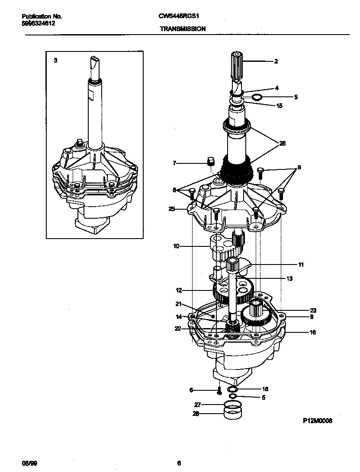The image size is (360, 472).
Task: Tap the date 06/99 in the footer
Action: click(x=28, y=463)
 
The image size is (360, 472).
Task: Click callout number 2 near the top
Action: click(x=276, y=61)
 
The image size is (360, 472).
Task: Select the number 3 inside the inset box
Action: click(x=55, y=61)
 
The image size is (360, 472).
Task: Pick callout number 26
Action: click(x=282, y=143)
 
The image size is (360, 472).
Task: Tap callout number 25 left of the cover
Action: click(x=172, y=209)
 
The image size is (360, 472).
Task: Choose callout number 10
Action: click(x=176, y=247)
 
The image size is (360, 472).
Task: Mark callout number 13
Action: click(x=289, y=279)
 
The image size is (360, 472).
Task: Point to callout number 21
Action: click(x=179, y=304)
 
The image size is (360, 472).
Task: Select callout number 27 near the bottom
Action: click(x=198, y=405)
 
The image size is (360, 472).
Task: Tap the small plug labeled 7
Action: click(x=211, y=162)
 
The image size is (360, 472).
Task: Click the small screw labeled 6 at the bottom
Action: click(x=219, y=392)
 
